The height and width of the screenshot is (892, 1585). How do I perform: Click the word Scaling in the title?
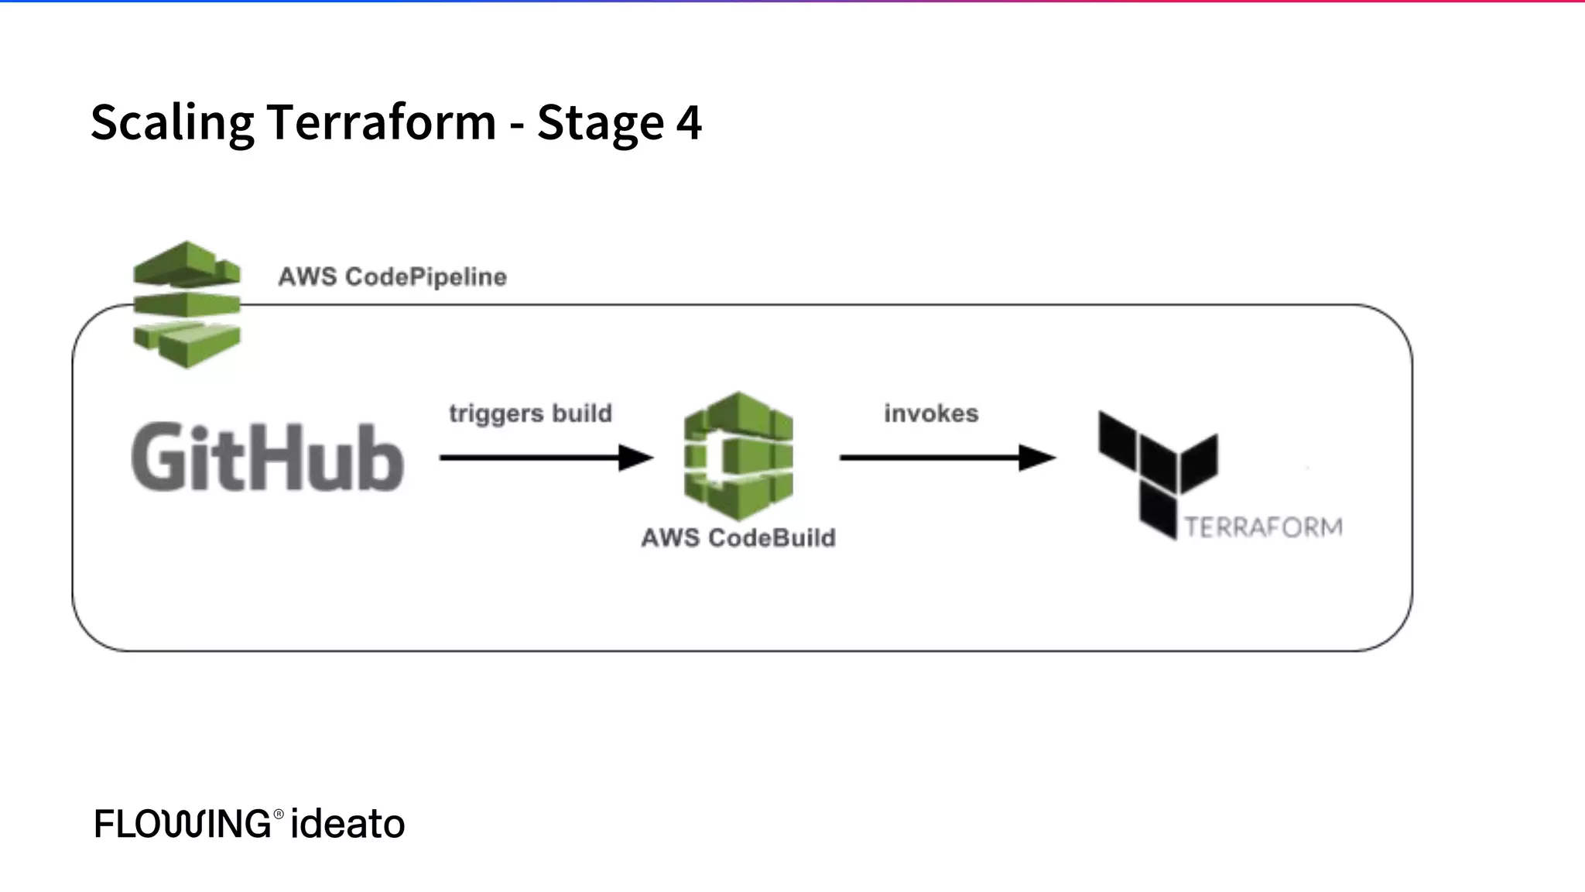point(172,122)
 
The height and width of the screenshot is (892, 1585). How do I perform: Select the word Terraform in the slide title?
point(381,122)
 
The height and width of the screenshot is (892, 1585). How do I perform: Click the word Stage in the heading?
point(600,122)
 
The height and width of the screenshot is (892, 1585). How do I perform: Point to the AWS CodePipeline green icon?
point(187,304)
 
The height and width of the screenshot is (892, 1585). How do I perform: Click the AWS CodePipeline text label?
point(392,276)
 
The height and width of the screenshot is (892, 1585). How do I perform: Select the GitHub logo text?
point(267,458)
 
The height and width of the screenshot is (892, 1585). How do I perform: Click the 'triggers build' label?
point(530,413)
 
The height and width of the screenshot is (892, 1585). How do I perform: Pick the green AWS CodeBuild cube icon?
point(738,455)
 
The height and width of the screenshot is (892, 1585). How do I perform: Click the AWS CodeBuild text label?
point(738,537)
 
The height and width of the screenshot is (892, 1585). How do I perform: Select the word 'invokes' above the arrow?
point(931,413)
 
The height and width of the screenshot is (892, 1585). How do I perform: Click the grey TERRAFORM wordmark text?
point(1263,527)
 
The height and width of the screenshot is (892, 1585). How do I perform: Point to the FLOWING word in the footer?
point(182,824)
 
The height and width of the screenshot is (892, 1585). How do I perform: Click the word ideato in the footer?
point(347,824)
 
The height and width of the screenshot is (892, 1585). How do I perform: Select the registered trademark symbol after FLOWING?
point(279,814)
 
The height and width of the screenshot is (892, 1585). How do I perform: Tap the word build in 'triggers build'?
point(581,413)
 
